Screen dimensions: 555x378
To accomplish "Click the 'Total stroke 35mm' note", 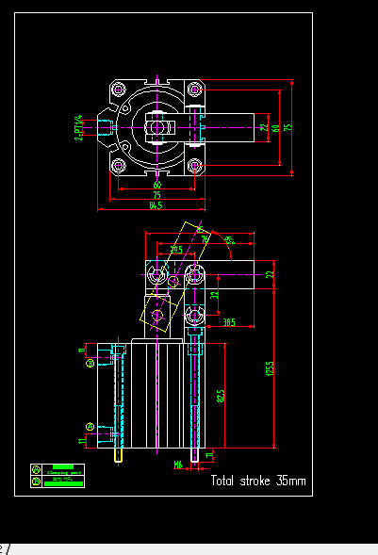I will [x=257, y=481].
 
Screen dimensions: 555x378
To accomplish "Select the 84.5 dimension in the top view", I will [x=156, y=204].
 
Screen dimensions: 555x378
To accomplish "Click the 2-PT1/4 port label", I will [x=79, y=127].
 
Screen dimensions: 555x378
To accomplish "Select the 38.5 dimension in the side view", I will [x=229, y=321].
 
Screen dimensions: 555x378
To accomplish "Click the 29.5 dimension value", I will [x=176, y=250].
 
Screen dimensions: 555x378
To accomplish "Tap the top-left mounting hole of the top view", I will [x=119, y=90].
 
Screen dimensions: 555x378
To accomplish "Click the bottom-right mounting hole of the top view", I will [x=197, y=166].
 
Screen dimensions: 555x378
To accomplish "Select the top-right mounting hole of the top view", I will [x=197, y=90].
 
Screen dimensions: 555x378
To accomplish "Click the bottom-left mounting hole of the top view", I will [x=119, y=166].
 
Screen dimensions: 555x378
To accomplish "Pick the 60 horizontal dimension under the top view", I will [x=157, y=185].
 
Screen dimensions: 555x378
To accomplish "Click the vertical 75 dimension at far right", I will [x=288, y=127].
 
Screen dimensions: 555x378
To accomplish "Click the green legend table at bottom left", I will [x=57, y=475].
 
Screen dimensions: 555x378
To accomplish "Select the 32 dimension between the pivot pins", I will [x=214, y=295].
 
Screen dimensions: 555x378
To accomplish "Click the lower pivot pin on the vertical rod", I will [x=194, y=313].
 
